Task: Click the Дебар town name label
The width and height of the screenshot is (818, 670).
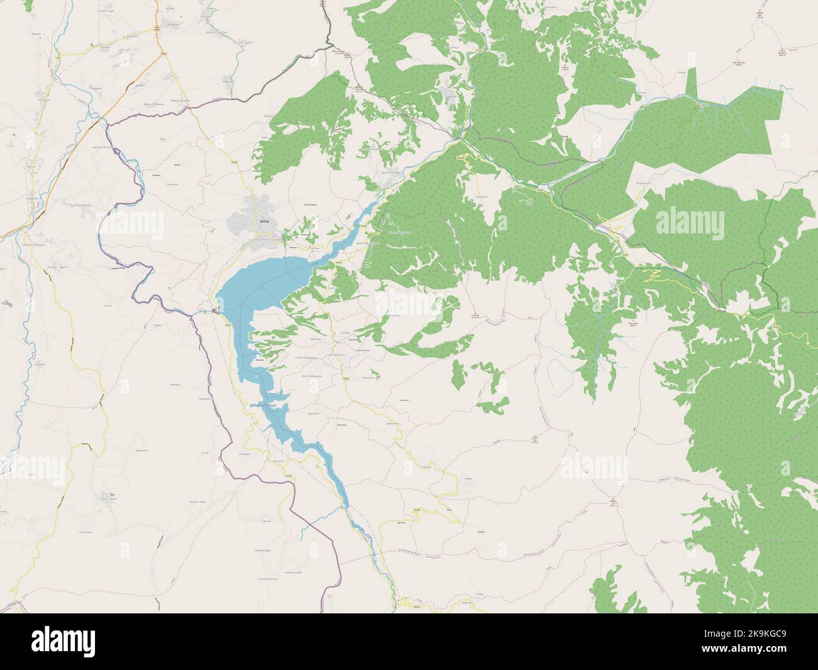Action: pos(264,221)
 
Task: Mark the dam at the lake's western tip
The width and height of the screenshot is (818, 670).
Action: pos(216,311)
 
